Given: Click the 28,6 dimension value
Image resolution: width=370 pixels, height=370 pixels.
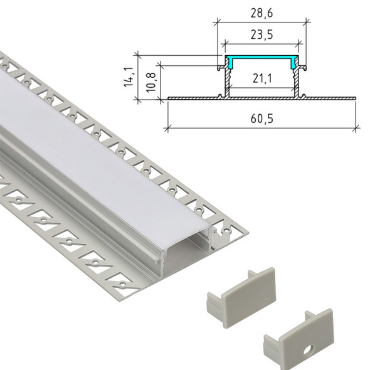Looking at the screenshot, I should pyautogui.click(x=263, y=11).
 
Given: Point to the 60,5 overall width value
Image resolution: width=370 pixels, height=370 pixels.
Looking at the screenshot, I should pyautogui.click(x=263, y=117).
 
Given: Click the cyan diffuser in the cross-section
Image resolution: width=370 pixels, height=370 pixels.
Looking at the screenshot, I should pyautogui.click(x=262, y=61).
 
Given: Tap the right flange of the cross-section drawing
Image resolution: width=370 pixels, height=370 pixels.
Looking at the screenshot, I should pyautogui.click(x=329, y=97).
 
